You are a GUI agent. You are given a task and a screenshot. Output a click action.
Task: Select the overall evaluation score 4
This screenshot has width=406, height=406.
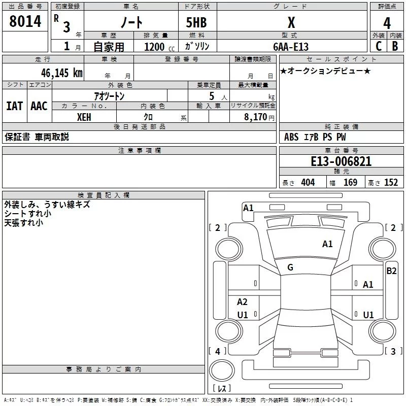(387, 23)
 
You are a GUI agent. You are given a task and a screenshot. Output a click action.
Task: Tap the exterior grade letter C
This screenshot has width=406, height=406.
(378, 46)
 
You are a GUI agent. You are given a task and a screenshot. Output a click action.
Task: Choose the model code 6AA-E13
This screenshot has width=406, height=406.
(291, 47)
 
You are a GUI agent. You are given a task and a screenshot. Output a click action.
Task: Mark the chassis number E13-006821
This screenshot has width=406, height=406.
(341, 161)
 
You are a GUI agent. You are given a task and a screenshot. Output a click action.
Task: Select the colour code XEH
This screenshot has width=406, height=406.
(84, 117)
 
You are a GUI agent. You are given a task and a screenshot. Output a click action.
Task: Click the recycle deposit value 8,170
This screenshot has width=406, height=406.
(256, 117)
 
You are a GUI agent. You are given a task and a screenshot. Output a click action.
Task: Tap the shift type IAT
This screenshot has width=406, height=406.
(14, 106)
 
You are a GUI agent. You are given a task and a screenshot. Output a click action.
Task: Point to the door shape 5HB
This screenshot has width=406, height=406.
(196, 23)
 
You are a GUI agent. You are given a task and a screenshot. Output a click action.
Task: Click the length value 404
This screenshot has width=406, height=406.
(308, 182)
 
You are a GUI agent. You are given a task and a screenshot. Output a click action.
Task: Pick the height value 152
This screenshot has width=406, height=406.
(391, 182)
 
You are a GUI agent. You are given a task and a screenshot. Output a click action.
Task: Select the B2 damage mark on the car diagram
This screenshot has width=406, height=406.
(391, 271)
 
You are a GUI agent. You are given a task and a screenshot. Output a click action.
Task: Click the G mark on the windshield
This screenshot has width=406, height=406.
(290, 267)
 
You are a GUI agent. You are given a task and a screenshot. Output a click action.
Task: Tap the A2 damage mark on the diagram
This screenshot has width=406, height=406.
(242, 302)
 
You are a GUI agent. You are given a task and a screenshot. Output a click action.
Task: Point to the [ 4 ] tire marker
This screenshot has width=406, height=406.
(218, 351)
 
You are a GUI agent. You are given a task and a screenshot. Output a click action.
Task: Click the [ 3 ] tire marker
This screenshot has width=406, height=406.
(393, 351)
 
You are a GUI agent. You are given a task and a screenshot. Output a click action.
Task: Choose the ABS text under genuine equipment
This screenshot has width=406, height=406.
(291, 137)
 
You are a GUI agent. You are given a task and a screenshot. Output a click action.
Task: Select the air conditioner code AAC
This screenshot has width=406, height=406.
(39, 106)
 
